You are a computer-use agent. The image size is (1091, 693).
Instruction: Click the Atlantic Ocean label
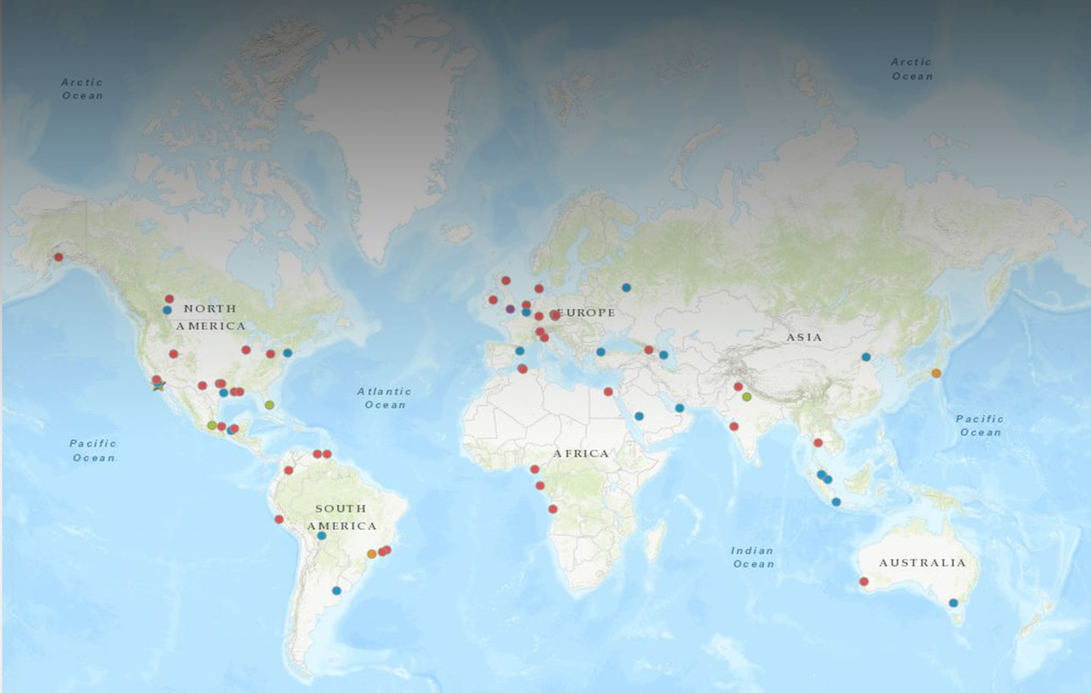(384, 398)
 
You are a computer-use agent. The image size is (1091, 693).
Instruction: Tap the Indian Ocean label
(753, 558)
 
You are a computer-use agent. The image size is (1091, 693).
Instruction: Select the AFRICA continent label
(581, 454)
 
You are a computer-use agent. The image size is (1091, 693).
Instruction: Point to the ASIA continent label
(804, 337)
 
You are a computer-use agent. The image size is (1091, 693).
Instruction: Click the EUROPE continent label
(586, 313)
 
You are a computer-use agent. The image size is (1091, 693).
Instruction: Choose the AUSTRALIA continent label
(923, 563)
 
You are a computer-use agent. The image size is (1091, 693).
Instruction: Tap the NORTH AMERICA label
(211, 317)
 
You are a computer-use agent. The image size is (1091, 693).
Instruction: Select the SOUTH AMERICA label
(341, 517)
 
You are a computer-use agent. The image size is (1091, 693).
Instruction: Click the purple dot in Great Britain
(510, 309)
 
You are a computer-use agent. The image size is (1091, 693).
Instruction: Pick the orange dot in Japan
(936, 373)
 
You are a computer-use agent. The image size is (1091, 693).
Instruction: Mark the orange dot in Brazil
(371, 553)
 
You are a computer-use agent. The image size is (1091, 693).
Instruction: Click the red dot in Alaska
(58, 257)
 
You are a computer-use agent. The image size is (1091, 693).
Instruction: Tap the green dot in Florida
(270, 405)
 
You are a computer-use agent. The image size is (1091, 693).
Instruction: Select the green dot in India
(747, 397)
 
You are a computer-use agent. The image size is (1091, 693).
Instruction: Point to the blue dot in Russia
(626, 287)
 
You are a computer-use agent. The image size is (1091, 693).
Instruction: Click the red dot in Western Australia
(864, 582)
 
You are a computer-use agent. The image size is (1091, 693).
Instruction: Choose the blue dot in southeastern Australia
(953, 603)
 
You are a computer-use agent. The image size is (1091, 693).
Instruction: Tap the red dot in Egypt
(608, 392)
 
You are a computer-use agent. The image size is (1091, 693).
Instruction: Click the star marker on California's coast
(158, 386)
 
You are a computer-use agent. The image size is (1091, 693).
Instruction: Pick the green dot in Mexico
(212, 425)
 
